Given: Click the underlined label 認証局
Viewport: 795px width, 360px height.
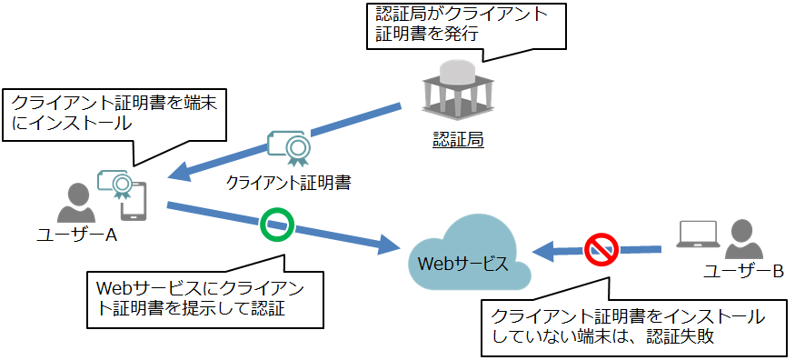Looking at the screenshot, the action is pos(458,139).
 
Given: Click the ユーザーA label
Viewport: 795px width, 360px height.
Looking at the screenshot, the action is pos(77,235).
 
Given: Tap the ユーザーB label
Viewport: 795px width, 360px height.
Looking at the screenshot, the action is pos(743,273).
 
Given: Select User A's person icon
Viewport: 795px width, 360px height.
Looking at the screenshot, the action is pos(75,204).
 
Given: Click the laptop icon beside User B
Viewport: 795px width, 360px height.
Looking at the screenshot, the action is pos(699,234).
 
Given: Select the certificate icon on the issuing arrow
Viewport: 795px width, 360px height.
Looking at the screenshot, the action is pos(288,148).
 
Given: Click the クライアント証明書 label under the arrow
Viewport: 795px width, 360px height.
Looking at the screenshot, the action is pos(288,182).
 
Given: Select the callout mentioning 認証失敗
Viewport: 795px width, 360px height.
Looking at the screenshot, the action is pos(635,326).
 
